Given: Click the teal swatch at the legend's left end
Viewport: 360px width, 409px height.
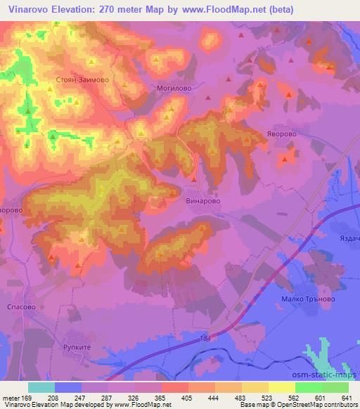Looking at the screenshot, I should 41,387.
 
